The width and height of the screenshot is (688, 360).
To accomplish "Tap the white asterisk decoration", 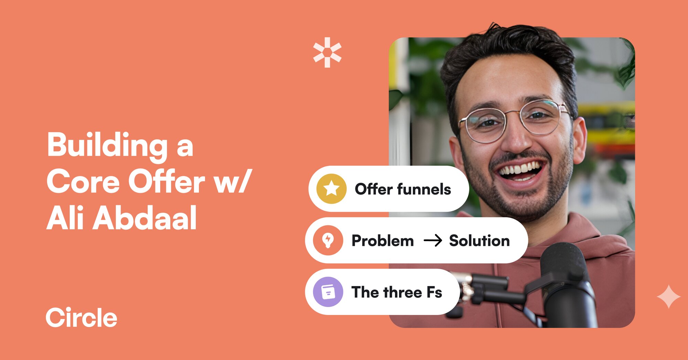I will coord(327,52).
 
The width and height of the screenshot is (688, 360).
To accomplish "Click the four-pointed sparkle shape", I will coord(668,296).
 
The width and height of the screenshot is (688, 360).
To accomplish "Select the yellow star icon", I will coord(331,189).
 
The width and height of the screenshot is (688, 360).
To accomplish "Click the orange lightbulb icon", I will coord(328,240).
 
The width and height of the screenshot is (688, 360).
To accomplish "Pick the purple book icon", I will coord(328,292).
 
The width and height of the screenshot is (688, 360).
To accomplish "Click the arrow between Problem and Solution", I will coord(432,241).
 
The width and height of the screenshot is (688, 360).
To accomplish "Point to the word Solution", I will coord(479,241).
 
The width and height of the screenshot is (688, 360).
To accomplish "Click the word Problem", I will coord(383,241).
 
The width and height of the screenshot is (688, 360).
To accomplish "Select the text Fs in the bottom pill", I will coord(434,292).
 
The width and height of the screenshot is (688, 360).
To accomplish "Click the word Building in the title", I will coord(107,145).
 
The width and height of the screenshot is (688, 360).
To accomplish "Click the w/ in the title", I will coord(233,182).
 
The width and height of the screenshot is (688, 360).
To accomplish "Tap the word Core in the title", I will coord(83,182).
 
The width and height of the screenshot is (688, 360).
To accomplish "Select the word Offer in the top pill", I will coord(374,189).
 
